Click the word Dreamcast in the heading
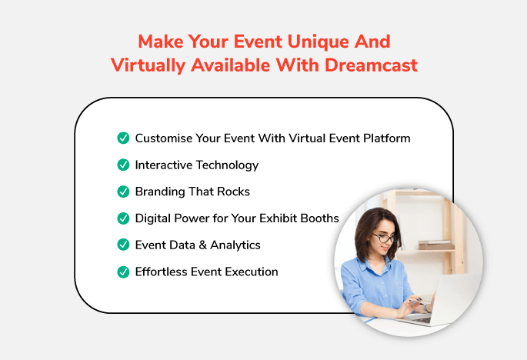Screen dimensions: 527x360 (371, 65)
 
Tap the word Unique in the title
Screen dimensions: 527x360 (317, 42)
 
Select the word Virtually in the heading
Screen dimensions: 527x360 (148, 65)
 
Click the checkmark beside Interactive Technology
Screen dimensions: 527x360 (123, 165)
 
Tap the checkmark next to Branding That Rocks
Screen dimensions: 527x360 (123, 192)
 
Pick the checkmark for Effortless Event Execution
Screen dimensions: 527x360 (123, 272)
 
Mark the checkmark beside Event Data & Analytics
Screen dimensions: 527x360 (123, 245)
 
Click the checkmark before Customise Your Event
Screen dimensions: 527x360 (123, 138)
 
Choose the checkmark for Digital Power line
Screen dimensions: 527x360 (123, 218)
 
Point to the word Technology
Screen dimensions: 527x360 (227, 165)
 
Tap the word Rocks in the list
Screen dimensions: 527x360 (234, 192)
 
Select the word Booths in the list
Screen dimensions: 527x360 (319, 218)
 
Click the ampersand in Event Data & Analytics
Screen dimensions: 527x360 (202, 245)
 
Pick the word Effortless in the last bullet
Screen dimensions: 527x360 (161, 272)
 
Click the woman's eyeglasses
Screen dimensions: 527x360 (385, 238)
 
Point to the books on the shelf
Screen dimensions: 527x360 (436, 245)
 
